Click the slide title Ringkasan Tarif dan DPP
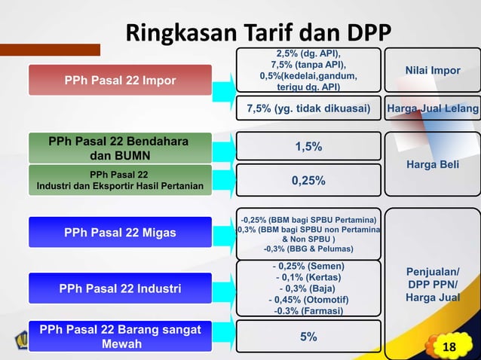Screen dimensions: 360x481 coord(258,33)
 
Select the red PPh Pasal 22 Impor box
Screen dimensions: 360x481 coord(120,81)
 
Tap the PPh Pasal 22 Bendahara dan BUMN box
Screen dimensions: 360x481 coord(119,148)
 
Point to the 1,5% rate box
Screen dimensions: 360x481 coord(308,147)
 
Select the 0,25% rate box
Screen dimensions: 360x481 coord(308,181)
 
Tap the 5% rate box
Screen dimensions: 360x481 coord(308,337)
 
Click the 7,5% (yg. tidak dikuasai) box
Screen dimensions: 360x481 coord(308,109)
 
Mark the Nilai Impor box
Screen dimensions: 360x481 coord(433,71)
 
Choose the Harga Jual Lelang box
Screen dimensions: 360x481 coord(433,109)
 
